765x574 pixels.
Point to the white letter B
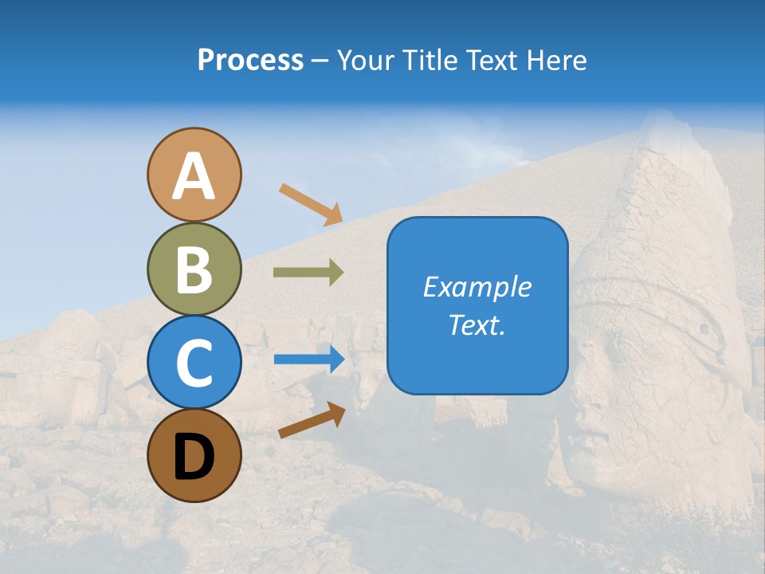point(194,269)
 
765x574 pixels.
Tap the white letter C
point(194,363)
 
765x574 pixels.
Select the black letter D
point(194,457)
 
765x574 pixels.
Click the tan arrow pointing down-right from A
point(311,203)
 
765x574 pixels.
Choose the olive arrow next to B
point(309,273)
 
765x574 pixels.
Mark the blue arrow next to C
point(309,360)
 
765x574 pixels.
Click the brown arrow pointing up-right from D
point(312,420)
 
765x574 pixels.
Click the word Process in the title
point(250,61)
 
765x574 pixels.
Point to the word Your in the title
point(364,61)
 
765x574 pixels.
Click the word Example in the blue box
point(477,288)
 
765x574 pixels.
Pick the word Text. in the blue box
point(477,324)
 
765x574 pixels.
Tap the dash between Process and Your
point(320,61)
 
